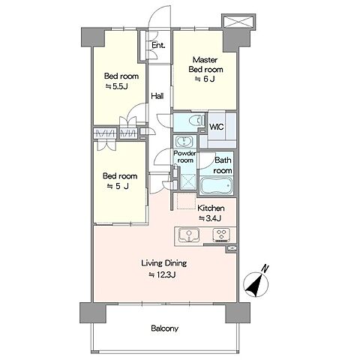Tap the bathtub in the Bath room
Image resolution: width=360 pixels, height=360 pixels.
pyautogui.click(x=216, y=185)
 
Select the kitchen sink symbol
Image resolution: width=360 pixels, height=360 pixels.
pyautogui.click(x=189, y=235)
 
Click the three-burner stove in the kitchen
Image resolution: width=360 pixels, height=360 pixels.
pyautogui.click(x=221, y=235)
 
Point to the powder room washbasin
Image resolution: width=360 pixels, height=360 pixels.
pyautogui.click(x=184, y=142)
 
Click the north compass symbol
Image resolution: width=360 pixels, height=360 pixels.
pyautogui.click(x=256, y=284)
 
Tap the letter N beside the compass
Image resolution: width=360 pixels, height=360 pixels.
pyautogui.click(x=265, y=268)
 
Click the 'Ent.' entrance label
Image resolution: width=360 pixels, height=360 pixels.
pyautogui.click(x=158, y=46)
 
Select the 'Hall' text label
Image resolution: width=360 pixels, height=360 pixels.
pyautogui.click(x=157, y=96)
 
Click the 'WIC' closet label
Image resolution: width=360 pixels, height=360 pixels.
pyautogui.click(x=217, y=127)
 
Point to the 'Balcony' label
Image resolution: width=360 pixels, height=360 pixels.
pyautogui.click(x=165, y=328)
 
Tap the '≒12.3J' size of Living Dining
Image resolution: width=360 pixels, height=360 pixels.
pyautogui.click(x=163, y=275)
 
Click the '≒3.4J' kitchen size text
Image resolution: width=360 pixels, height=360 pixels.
pyautogui.click(x=210, y=218)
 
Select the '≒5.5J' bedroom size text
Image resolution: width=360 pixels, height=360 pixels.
pyautogui.click(x=116, y=86)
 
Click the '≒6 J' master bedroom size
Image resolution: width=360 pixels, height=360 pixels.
pyautogui.click(x=205, y=79)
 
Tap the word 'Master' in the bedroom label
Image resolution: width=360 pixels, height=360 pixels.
pyautogui.click(x=205, y=60)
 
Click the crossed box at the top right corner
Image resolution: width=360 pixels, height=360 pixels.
pyautogui.click(x=238, y=21)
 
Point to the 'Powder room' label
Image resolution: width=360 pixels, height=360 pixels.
pyautogui.click(x=185, y=157)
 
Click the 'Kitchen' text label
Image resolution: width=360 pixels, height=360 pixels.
pyautogui.click(x=211, y=208)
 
